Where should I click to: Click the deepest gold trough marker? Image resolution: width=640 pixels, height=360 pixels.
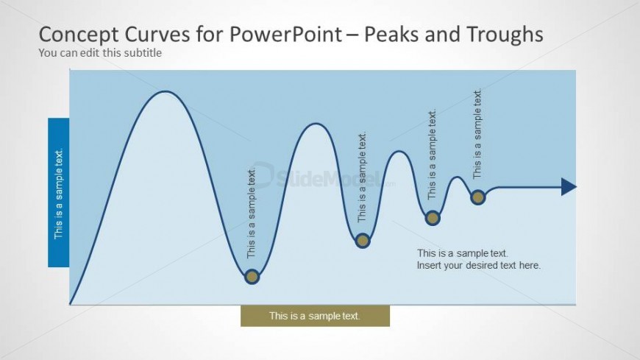(x=252, y=277)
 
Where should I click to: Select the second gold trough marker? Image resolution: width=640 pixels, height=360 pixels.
(x=362, y=240)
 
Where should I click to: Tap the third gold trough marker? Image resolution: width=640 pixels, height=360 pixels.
(x=433, y=217)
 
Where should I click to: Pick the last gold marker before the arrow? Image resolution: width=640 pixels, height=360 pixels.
(x=477, y=197)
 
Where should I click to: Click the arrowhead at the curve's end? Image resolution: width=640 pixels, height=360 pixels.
(x=568, y=187)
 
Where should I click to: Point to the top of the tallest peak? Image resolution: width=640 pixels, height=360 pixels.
(x=167, y=92)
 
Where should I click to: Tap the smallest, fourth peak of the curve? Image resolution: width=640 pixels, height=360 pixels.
(x=458, y=177)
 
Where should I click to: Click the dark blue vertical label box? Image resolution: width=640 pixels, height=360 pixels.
(x=59, y=192)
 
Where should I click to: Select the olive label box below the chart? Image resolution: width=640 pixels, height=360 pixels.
(x=315, y=316)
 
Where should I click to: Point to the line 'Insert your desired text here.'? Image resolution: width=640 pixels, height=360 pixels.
(x=479, y=265)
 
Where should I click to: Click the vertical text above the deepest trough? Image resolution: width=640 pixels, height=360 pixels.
(x=252, y=213)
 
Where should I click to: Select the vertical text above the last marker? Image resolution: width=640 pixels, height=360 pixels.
(x=477, y=134)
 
